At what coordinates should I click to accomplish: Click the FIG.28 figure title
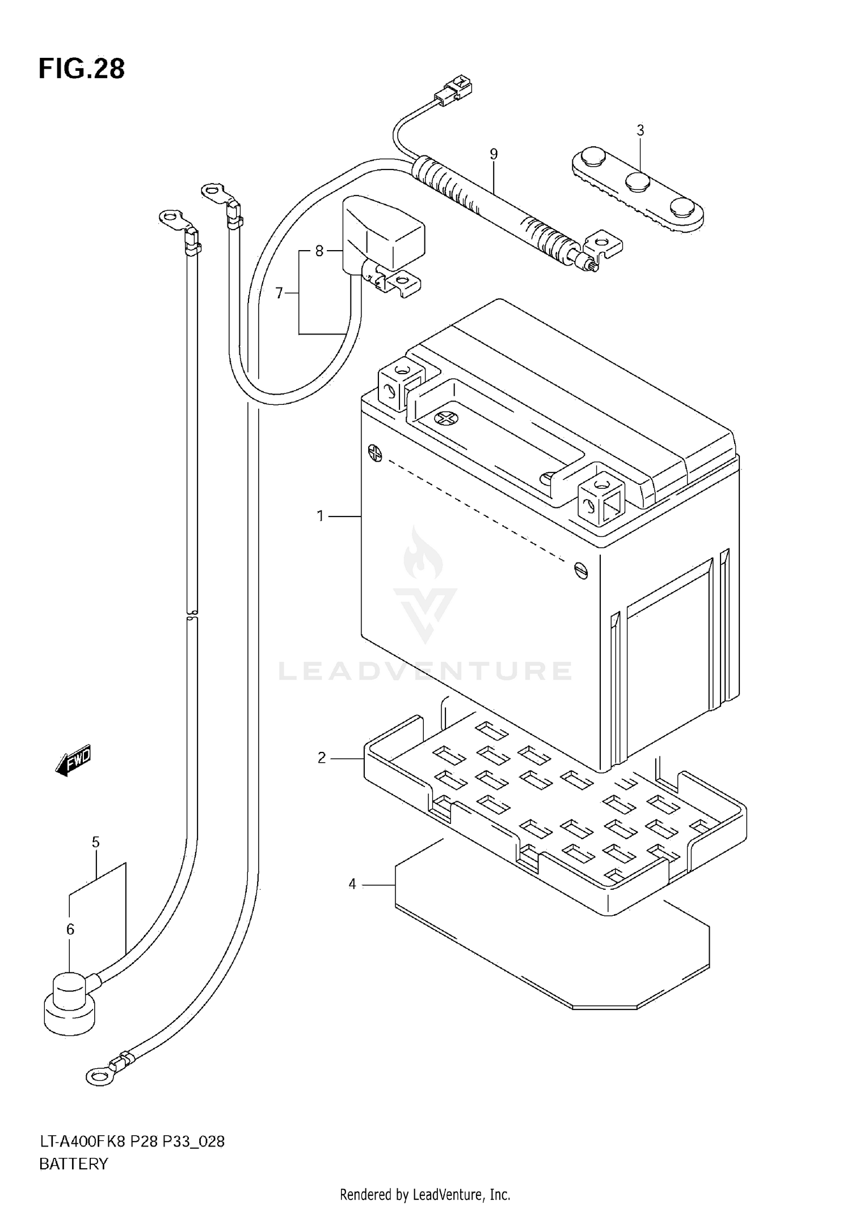click(x=82, y=69)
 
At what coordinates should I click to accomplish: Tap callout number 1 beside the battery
click(x=320, y=516)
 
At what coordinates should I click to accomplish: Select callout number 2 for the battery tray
click(x=322, y=758)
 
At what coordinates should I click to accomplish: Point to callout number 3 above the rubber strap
click(x=640, y=130)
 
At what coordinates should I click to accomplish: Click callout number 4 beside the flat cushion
click(x=352, y=884)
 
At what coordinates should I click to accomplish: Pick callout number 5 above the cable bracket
click(x=95, y=843)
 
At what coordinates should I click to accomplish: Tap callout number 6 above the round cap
click(x=70, y=929)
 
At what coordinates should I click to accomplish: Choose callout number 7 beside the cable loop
click(x=279, y=293)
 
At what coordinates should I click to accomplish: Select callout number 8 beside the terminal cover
click(x=319, y=250)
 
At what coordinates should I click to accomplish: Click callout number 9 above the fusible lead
click(x=494, y=154)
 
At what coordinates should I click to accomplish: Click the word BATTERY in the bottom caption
click(x=73, y=1164)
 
